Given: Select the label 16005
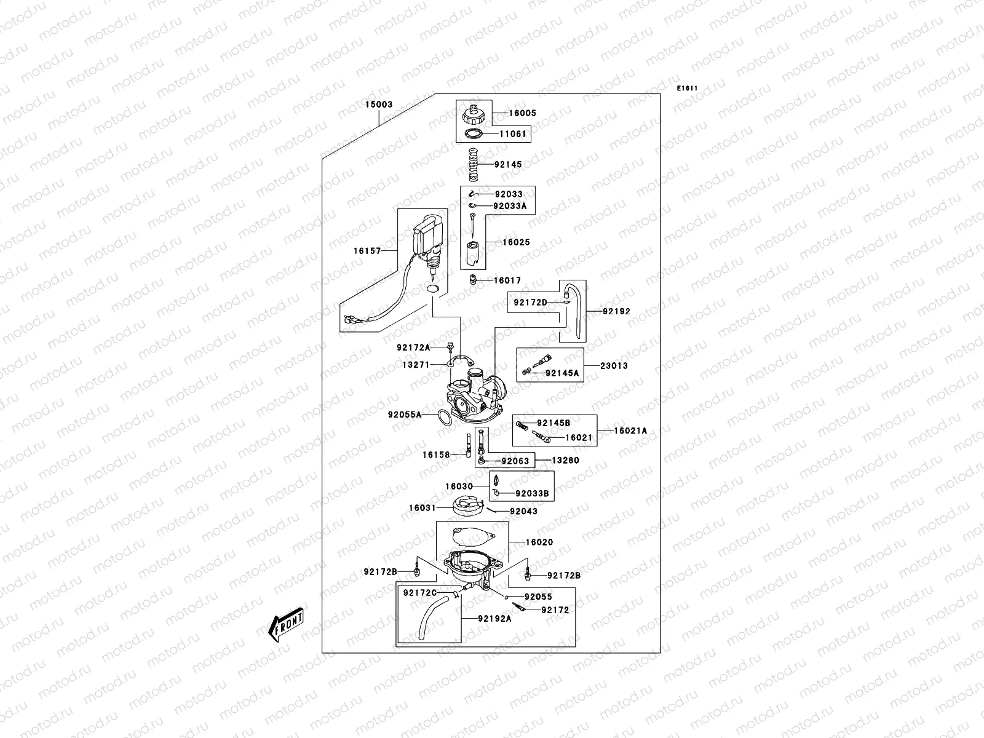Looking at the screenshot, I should [x=522, y=113].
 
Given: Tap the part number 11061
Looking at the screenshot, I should [x=512, y=134].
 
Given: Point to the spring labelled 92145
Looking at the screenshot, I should [x=472, y=165].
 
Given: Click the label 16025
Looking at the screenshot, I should [x=516, y=243].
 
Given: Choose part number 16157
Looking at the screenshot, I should [x=367, y=251].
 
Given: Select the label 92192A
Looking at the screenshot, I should [x=494, y=619].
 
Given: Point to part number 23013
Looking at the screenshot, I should [x=614, y=366].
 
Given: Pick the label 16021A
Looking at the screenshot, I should [x=630, y=431].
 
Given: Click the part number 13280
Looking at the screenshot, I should [x=565, y=460].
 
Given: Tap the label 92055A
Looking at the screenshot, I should [x=405, y=415].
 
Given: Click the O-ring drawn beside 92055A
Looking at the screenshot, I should [x=442, y=417].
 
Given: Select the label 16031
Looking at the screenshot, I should [x=423, y=508].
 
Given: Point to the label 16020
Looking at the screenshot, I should [x=539, y=542].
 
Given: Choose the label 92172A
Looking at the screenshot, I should [x=413, y=347].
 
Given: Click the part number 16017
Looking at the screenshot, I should [x=507, y=280].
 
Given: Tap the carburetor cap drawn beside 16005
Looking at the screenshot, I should [x=474, y=114].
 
